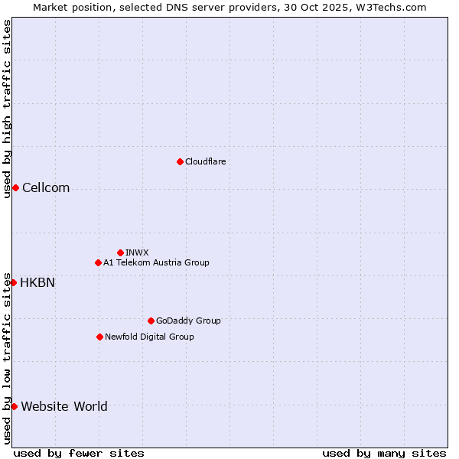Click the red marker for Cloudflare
[180, 161]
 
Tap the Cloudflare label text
[205, 161]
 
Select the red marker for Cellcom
[15, 188]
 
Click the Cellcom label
[46, 188]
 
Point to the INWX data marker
[120, 252]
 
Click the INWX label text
[137, 252]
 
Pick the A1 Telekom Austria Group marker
[98, 262]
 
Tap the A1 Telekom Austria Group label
[156, 262]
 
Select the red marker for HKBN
[13, 282]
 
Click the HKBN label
[37, 282]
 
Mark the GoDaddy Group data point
[151, 321]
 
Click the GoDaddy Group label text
[188, 321]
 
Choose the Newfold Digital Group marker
[99, 337]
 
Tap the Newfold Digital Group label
[149, 337]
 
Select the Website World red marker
[14, 406]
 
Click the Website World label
[64, 406]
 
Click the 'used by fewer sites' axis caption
[79, 453]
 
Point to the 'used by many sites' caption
[384, 453]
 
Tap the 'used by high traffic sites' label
[7, 109]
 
